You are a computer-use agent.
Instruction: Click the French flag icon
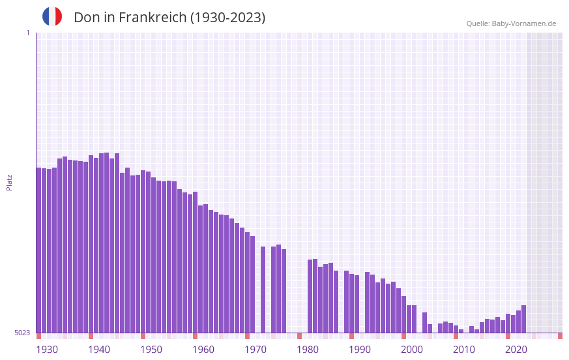coord(52,16)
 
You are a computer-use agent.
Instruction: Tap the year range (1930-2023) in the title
coord(227,18)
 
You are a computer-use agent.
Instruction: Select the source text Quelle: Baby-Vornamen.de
coord(511,23)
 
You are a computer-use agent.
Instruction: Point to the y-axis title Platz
coord(9,182)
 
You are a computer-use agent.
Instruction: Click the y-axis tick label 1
coord(27,33)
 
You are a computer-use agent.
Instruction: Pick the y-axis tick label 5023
coord(22,333)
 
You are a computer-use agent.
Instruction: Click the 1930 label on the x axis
coord(47,350)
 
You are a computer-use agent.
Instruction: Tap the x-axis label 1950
coord(151,350)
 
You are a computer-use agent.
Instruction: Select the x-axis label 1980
coord(308,350)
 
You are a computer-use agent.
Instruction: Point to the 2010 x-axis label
coord(464,350)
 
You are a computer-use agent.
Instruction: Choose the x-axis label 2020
coord(516,350)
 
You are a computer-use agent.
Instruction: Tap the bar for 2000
coord(404,314)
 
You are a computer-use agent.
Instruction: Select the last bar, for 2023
coord(524,319)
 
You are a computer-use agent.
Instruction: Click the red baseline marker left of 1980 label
coord(300,336)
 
